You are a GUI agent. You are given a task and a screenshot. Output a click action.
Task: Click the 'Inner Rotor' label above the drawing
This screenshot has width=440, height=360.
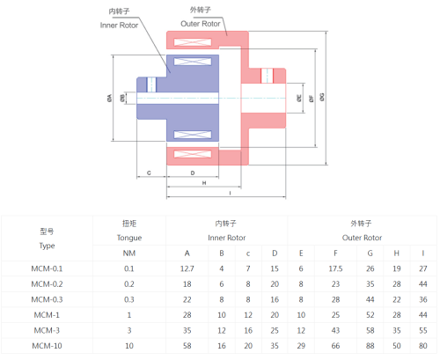click(119, 26)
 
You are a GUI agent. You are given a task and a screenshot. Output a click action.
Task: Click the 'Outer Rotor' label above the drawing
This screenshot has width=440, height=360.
click(201, 24)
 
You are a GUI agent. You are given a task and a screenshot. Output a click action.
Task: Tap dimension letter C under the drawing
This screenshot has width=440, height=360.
click(149, 173)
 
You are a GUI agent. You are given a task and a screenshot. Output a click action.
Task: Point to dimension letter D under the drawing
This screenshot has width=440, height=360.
click(193, 173)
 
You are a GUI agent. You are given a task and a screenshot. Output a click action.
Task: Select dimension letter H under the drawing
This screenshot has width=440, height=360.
click(204, 183)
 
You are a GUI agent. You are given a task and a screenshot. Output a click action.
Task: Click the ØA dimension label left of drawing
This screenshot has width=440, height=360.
click(109, 98)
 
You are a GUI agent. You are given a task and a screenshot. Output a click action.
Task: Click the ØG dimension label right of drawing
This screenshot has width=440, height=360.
click(322, 97)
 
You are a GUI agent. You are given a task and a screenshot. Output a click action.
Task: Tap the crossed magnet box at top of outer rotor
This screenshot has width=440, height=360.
click(193, 42)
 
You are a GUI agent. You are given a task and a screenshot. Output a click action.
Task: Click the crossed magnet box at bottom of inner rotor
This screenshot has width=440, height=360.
click(193, 135)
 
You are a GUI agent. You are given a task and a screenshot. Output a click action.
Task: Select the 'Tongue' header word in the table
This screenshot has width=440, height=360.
click(129, 238)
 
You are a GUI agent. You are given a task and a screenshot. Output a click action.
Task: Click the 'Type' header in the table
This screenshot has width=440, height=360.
click(47, 246)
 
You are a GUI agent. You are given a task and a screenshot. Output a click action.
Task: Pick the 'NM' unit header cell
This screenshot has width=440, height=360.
click(129, 253)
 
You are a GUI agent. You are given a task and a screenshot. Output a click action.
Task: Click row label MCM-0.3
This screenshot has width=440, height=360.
click(47, 299)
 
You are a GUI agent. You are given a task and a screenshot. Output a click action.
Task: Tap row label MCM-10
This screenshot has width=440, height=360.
click(47, 346)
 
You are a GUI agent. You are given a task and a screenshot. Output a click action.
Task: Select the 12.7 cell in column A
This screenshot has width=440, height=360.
click(187, 268)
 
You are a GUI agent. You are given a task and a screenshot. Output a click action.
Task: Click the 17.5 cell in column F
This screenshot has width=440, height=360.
click(335, 268)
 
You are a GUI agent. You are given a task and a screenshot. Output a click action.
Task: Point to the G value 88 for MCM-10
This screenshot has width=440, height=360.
click(370, 346)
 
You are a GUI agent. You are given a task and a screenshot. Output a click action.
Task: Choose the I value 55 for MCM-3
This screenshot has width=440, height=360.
click(423, 330)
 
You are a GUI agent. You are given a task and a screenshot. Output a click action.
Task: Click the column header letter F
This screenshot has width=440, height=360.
click(335, 253)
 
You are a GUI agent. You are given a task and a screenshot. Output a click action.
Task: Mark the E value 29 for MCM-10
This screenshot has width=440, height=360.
click(301, 346)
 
